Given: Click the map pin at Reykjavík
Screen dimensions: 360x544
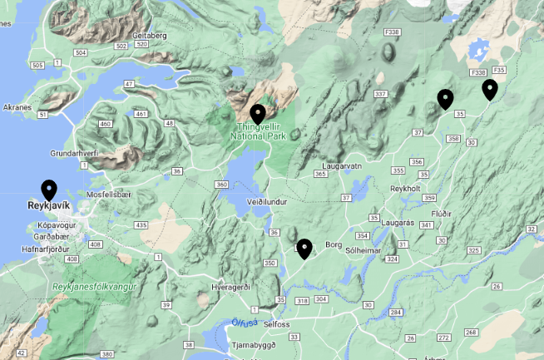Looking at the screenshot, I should tap(49, 190).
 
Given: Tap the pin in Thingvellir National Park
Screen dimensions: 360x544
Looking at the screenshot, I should tap(258, 114).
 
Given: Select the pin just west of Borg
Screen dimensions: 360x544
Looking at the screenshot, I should tap(304, 248).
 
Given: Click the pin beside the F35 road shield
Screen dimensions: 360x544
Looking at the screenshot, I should tap(489, 89).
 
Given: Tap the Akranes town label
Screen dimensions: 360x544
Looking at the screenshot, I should tap(17, 107).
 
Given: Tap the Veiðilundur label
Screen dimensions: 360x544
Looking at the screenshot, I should tap(267, 202).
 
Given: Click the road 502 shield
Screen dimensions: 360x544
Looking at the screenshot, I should tap(121, 46).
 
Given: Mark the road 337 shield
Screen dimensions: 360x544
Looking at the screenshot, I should tap(382, 94).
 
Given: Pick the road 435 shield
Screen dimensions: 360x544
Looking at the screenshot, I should tap(141, 225).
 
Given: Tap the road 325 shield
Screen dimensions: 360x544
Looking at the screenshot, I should tap(474, 250).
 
